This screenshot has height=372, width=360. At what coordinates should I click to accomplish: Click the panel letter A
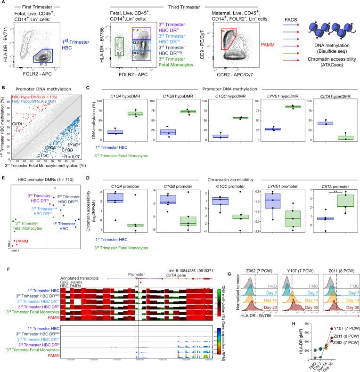(x=3, y=3)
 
